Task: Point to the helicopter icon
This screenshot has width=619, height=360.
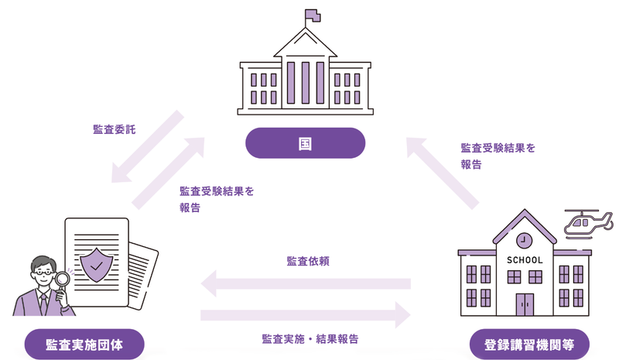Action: click(x=586, y=223)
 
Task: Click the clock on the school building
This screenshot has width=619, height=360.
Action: click(x=525, y=238)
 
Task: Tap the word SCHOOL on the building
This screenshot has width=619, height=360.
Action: click(x=525, y=260)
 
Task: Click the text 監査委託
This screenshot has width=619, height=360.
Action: click(x=113, y=129)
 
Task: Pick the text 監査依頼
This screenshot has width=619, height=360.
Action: click(x=309, y=261)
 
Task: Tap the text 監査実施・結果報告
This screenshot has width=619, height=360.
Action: click(x=309, y=339)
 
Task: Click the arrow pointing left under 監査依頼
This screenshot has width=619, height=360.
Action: click(x=305, y=284)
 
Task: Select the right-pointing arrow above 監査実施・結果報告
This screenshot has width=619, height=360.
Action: click(x=305, y=314)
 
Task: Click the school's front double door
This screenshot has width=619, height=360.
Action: click(x=525, y=304)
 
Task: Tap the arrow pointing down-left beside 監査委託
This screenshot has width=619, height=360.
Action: click(x=147, y=148)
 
